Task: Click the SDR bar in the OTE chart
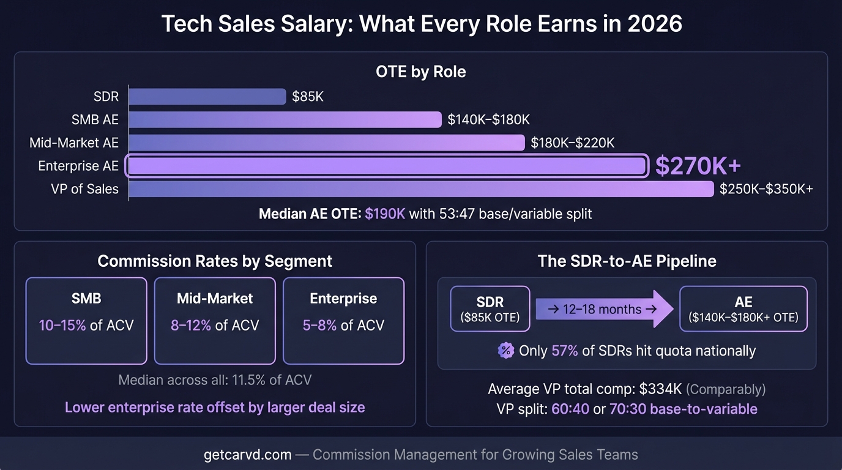207,97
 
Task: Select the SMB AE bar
285,120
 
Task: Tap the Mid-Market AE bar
326,143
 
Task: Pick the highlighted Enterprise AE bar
387,166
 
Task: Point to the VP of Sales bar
421,189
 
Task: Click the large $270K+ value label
698,166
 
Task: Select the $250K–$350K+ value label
766,189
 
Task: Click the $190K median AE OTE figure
385,214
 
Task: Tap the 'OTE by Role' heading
420,72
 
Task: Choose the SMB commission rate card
86,321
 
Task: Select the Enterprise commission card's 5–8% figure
319,325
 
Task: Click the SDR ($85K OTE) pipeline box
490,309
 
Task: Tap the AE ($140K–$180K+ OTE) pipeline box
743,309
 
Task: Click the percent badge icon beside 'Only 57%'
505,351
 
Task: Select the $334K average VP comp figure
660,389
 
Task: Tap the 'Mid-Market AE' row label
74,143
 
